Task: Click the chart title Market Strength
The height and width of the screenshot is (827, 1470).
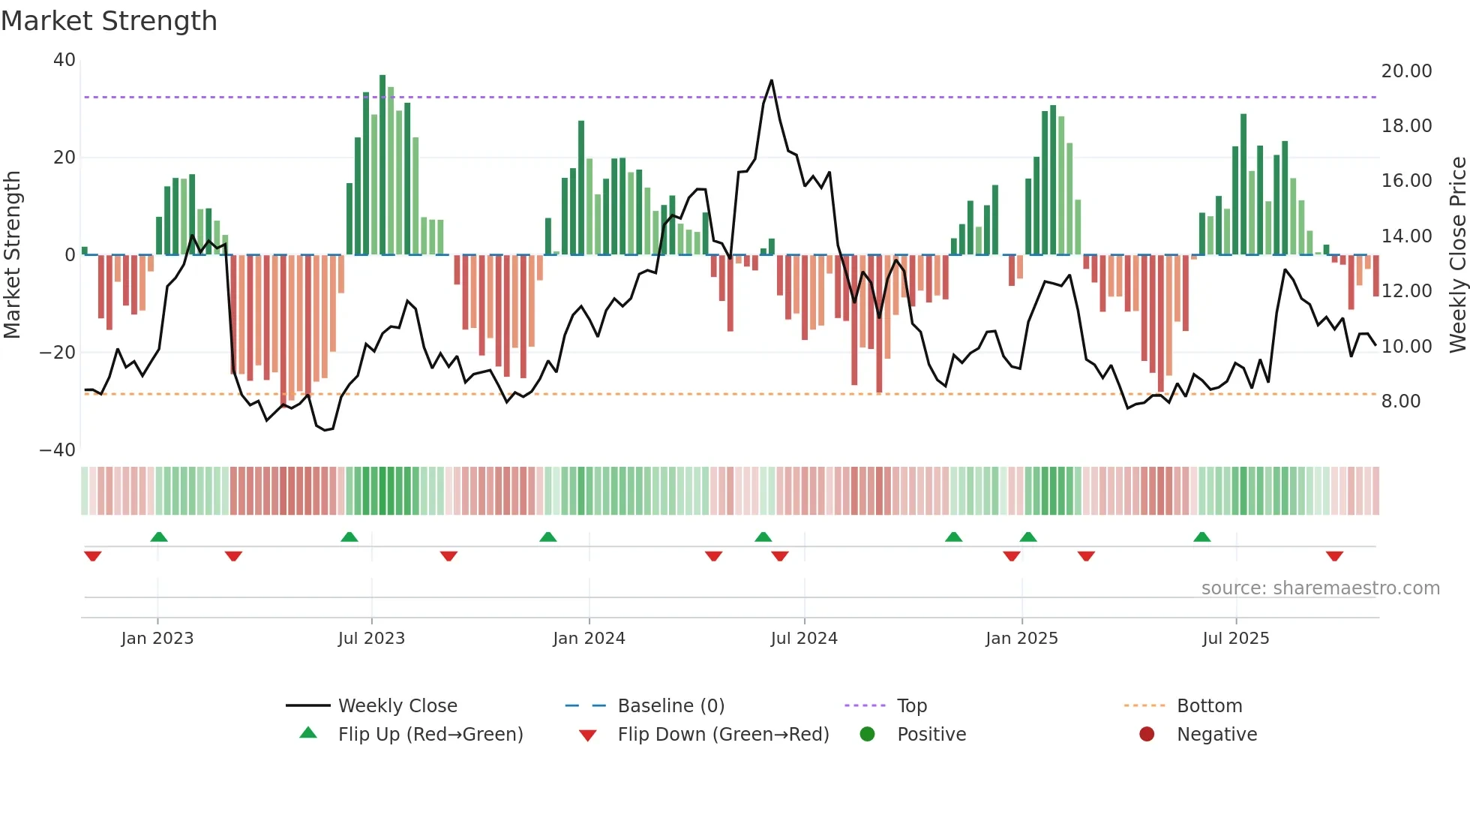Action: coord(109,21)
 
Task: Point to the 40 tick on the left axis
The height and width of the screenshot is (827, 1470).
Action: coord(64,60)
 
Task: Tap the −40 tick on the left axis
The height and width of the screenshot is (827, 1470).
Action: coord(58,450)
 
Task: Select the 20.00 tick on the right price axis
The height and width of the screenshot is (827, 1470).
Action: coord(1406,71)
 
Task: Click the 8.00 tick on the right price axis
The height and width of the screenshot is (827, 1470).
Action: coord(1401,401)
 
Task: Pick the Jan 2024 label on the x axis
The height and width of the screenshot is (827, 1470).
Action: coord(589,639)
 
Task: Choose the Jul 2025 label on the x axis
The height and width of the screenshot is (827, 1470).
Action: coord(1235,639)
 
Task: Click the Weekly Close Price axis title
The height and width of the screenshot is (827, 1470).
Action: coord(1457,255)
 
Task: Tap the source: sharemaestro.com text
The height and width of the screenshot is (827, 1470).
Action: coord(1320,588)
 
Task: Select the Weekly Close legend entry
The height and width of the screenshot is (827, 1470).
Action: coord(397,706)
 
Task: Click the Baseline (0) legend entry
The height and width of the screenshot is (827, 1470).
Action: coord(670,706)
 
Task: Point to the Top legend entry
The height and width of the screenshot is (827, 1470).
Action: coord(911,706)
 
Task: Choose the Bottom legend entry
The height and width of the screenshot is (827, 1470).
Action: coord(1209,706)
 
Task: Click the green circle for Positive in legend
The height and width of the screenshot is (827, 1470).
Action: coord(868,735)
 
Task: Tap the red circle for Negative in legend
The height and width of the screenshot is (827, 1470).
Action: coord(1147,735)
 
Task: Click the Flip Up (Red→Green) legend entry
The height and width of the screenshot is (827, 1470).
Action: coord(430,735)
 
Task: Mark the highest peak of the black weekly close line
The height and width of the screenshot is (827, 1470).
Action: coord(771,80)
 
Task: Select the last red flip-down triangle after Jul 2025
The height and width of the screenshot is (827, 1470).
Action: coord(1334,556)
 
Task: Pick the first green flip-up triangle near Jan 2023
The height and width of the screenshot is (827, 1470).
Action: coord(159,537)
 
